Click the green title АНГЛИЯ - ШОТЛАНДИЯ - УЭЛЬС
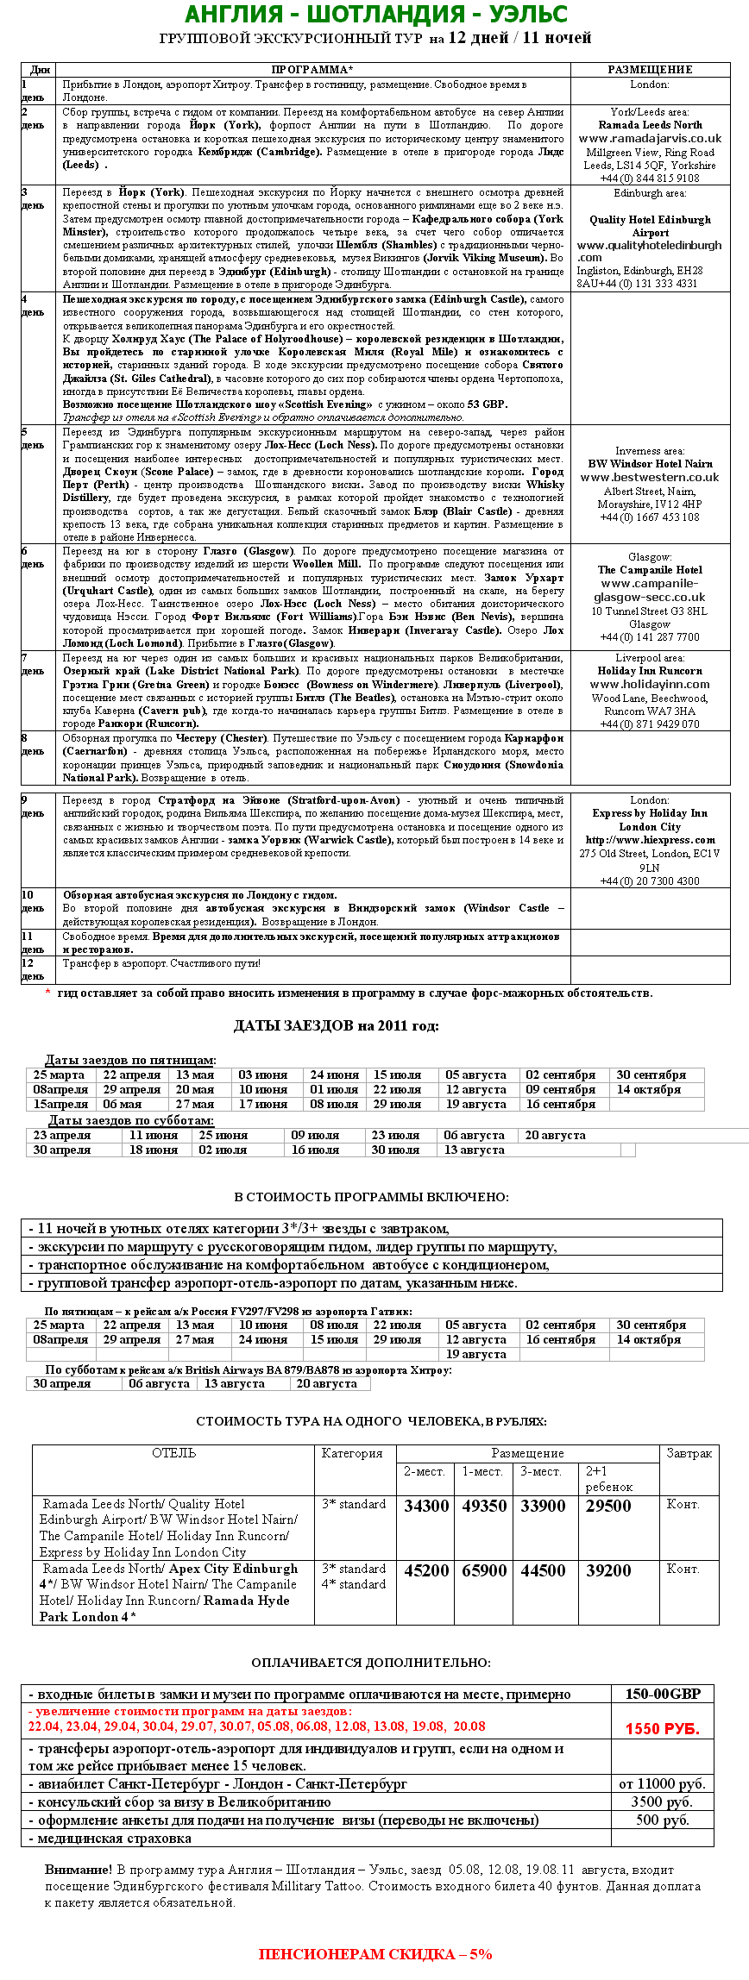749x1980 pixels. pos(375,15)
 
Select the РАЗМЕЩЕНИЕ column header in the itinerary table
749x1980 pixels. pos(650,70)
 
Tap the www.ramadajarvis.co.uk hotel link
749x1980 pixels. pos(650,138)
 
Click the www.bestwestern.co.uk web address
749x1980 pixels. pos(650,477)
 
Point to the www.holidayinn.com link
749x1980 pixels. pos(650,685)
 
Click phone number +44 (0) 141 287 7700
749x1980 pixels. pos(650,636)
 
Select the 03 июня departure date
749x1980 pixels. pos(263,1075)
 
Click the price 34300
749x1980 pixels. pos(426,1507)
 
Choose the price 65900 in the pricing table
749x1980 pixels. pos(484,1571)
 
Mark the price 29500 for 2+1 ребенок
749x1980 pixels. pos(608,1507)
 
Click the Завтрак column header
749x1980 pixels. pos(689,1454)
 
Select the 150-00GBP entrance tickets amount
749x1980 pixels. pos(663,1695)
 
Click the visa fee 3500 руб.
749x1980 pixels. pos(662,1801)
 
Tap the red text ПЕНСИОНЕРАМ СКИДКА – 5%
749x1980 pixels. pos(375,1954)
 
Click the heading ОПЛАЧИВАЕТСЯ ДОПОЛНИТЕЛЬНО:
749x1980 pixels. pos(371,1663)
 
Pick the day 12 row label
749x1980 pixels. pos(33,969)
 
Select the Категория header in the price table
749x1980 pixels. pos(352,1454)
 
